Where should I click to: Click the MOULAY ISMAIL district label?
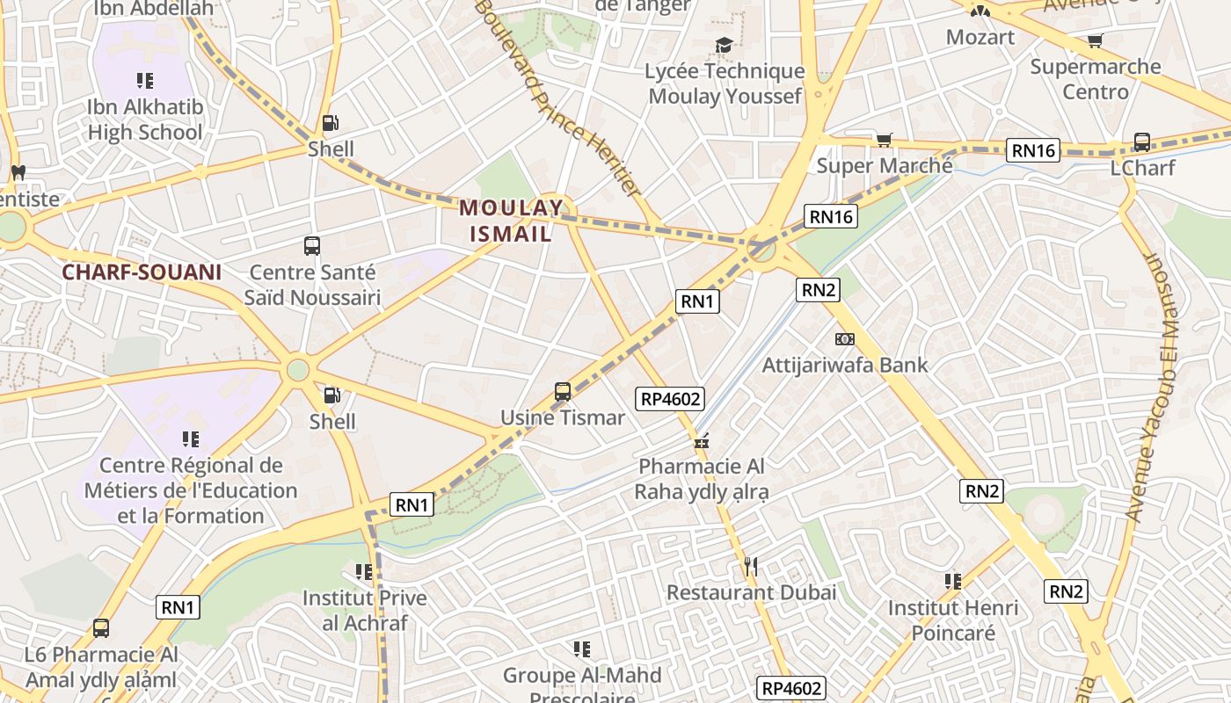click(x=511, y=221)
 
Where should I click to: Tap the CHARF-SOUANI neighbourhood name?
click(x=142, y=272)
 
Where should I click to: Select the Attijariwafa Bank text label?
click(x=845, y=365)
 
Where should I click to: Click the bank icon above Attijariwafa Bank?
click(x=844, y=339)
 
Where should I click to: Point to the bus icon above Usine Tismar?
click(x=563, y=392)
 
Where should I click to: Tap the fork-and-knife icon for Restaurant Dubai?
click(x=750, y=567)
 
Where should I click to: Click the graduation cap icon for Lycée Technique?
click(x=724, y=45)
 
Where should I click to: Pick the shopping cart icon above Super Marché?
click(x=885, y=140)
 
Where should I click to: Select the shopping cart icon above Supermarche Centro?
click(x=1095, y=40)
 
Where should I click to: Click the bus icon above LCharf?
click(x=1142, y=141)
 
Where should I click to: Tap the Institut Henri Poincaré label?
click(x=953, y=620)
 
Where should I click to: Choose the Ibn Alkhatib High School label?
click(x=145, y=120)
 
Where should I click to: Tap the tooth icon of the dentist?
click(x=17, y=172)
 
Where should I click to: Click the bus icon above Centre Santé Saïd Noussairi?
click(x=311, y=246)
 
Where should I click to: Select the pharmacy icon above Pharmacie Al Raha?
click(x=702, y=442)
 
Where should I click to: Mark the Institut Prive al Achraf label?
click(x=365, y=610)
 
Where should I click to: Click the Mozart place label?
click(x=980, y=37)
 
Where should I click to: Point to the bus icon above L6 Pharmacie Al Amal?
click(x=101, y=628)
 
